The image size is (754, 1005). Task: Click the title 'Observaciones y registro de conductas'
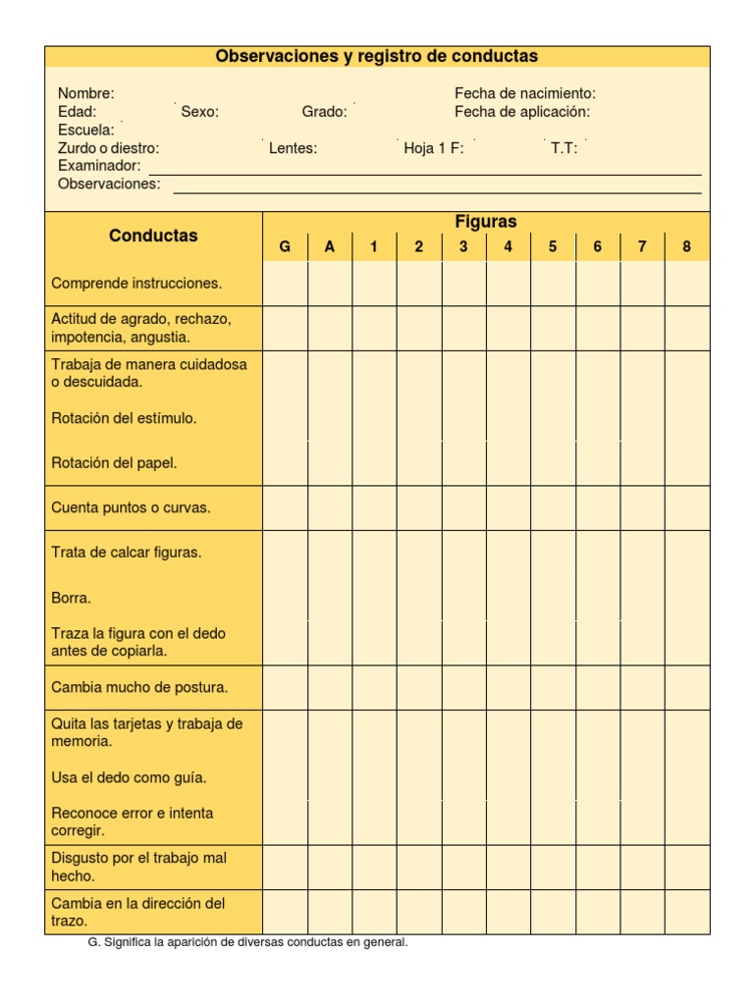(x=377, y=57)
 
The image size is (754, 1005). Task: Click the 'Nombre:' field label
(x=86, y=93)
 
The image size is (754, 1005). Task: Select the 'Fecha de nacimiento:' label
(x=524, y=93)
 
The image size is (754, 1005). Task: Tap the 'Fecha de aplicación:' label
(x=522, y=112)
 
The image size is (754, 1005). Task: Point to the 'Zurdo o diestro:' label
(x=108, y=148)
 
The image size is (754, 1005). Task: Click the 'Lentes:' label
(x=293, y=148)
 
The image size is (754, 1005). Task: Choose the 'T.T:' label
(x=564, y=148)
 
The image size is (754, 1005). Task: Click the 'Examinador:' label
(x=99, y=166)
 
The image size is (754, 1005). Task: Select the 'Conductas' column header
(x=153, y=236)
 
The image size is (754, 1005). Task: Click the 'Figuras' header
(x=486, y=222)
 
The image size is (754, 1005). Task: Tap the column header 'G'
(x=285, y=247)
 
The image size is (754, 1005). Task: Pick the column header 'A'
(x=330, y=247)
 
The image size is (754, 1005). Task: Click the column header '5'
(x=553, y=247)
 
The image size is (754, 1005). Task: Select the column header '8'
(x=686, y=247)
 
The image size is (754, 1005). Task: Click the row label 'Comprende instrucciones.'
(x=136, y=284)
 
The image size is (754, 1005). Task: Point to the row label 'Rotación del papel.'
(x=114, y=463)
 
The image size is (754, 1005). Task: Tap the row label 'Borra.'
(x=71, y=597)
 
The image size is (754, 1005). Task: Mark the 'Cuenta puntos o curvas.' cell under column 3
(x=463, y=508)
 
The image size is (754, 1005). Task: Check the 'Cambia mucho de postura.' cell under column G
(x=285, y=687)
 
